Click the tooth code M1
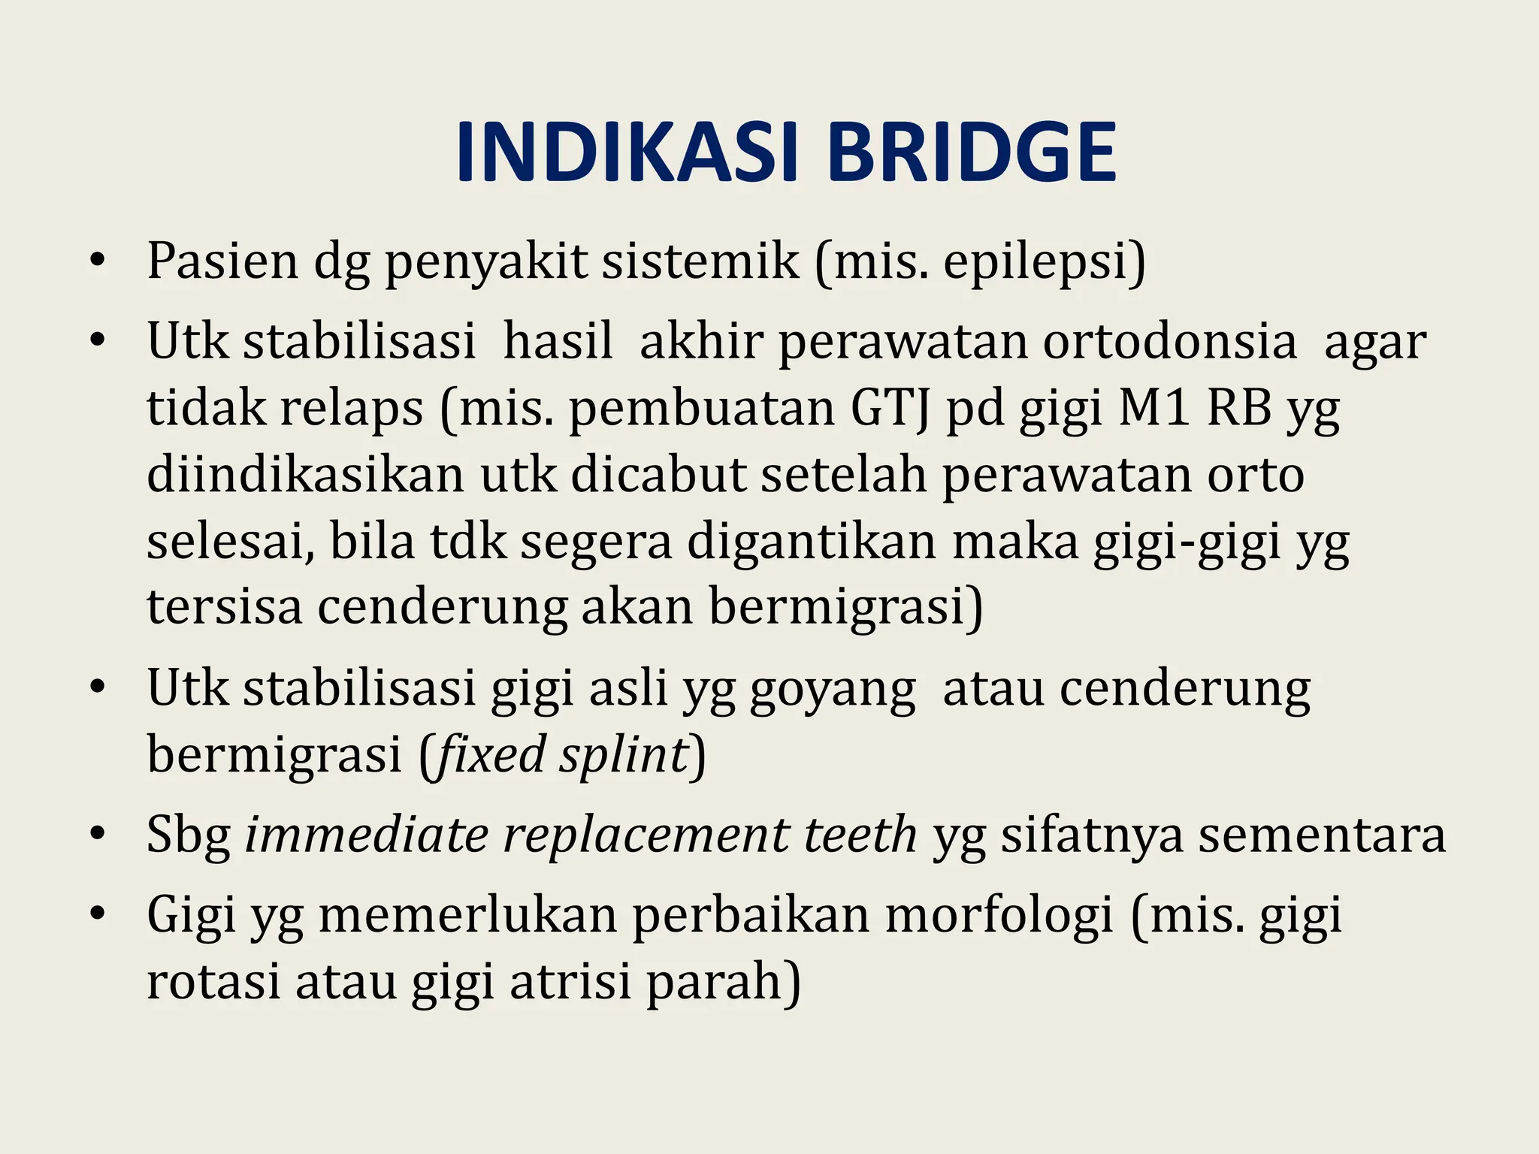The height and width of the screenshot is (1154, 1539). pyautogui.click(x=1154, y=409)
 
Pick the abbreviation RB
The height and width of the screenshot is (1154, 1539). pyautogui.click(x=1240, y=409)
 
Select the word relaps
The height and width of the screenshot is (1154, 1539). pyautogui.click(x=352, y=410)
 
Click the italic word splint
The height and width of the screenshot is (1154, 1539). pyautogui.click(x=624, y=754)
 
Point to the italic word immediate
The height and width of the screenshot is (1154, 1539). pyautogui.click(x=367, y=835)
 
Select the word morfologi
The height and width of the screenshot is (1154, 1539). pyautogui.click(x=999, y=916)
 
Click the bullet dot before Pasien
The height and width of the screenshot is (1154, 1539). pyautogui.click(x=95, y=262)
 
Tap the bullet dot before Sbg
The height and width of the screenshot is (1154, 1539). pyautogui.click(x=95, y=835)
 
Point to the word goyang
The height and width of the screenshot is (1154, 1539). pyautogui.click(x=833, y=689)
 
